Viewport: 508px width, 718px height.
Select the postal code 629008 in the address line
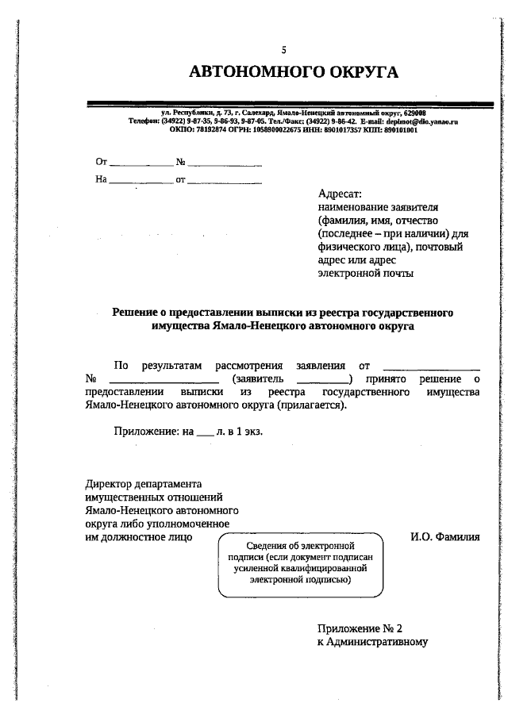(x=414, y=113)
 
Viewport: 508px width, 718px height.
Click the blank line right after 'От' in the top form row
(x=140, y=164)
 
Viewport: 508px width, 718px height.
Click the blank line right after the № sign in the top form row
(x=225, y=164)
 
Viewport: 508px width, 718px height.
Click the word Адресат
(x=339, y=194)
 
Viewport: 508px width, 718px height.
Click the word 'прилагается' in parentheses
(x=310, y=405)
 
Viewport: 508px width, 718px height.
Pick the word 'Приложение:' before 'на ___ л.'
(x=147, y=432)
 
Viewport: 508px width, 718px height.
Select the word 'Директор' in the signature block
(x=108, y=483)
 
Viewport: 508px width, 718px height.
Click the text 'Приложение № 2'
(x=355, y=628)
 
